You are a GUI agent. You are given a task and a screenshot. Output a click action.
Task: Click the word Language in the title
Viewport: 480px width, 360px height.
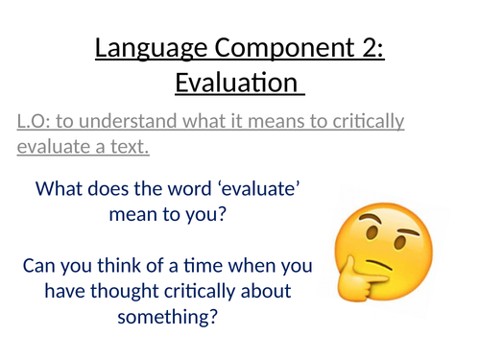[141, 48]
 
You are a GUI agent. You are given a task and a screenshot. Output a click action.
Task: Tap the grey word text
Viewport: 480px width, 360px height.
[131, 147]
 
